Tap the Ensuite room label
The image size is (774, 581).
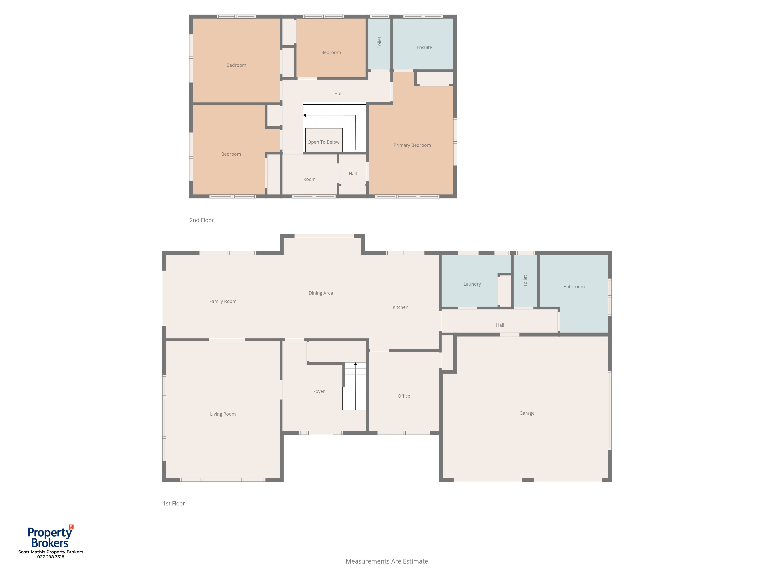click(424, 47)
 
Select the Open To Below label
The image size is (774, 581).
click(323, 142)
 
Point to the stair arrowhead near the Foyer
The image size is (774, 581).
click(355, 364)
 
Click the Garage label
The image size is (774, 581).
click(527, 413)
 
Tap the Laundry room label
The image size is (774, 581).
click(472, 284)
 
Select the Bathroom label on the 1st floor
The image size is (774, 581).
click(574, 286)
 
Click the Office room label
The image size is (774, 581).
click(404, 396)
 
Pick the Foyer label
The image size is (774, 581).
click(319, 391)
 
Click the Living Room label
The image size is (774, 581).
click(223, 414)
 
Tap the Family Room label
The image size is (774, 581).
click(223, 301)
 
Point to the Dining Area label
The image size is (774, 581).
click(321, 293)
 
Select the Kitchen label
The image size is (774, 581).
click(400, 307)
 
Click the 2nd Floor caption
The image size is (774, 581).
click(202, 220)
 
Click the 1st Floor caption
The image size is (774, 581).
click(174, 503)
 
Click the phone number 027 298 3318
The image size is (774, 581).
click(51, 557)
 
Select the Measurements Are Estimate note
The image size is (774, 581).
click(387, 561)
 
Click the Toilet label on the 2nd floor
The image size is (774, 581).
click(379, 42)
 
